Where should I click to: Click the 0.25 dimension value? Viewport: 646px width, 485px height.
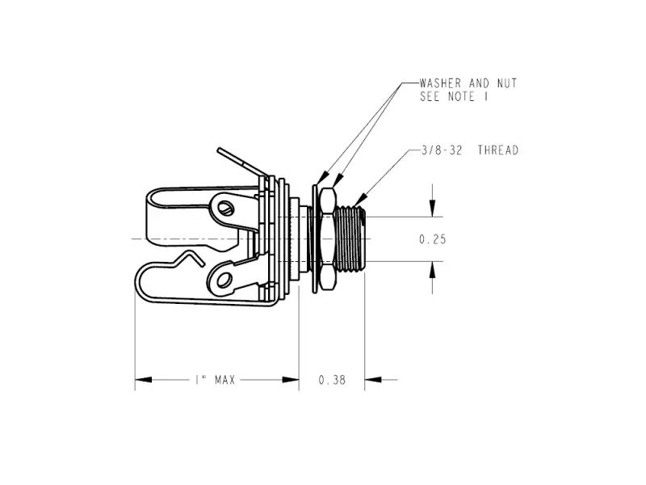[x=433, y=239]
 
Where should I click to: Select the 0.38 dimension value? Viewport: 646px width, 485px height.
[x=332, y=379]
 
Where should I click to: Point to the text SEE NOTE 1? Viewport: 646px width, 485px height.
[x=457, y=97]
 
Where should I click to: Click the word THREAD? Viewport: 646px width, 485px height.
[x=497, y=150]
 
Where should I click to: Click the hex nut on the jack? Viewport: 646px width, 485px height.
[x=326, y=239]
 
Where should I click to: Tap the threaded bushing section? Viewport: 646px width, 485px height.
[x=351, y=239]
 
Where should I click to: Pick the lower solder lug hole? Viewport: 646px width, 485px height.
[x=224, y=280]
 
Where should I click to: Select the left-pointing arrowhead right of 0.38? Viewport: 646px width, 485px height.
[x=372, y=379]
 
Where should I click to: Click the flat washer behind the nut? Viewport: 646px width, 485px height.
[x=314, y=239]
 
